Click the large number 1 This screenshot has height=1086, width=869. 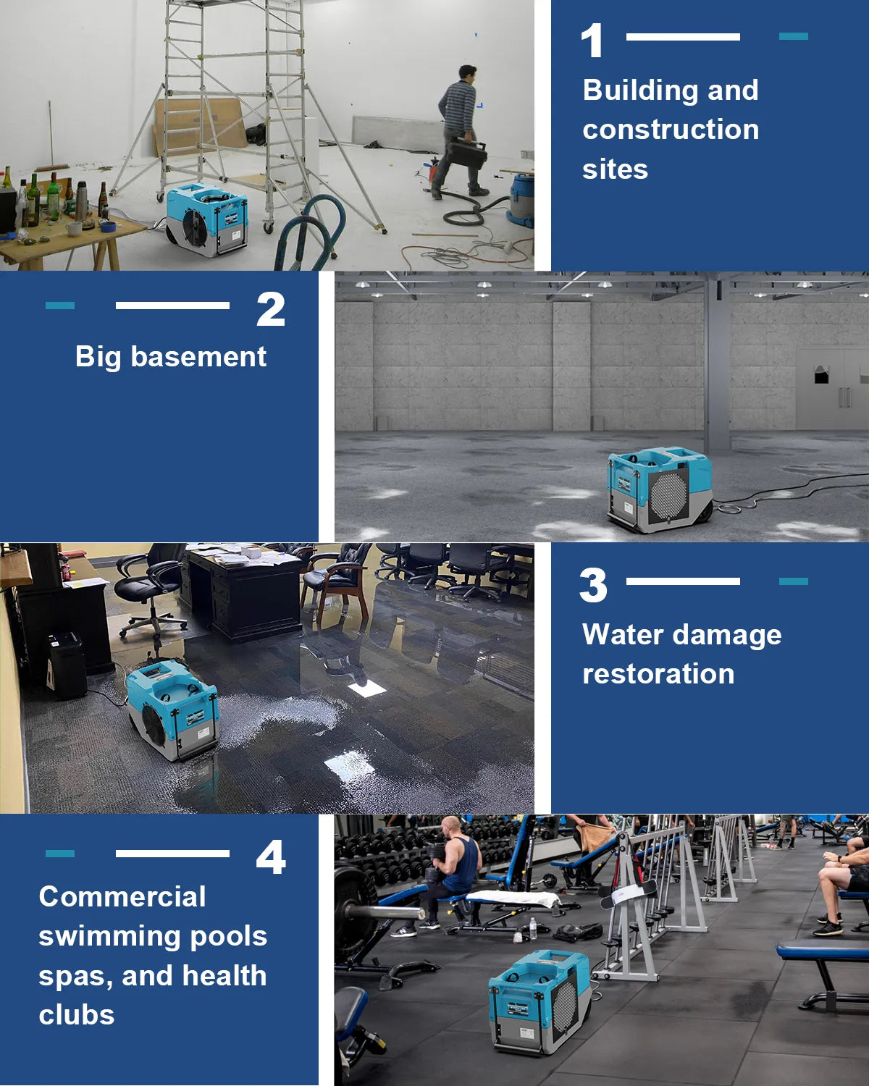point(592,41)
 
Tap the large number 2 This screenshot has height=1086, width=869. point(271,310)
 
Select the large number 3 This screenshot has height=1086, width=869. point(593,586)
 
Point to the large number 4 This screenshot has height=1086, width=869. point(271,858)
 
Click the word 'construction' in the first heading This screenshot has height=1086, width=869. point(671,130)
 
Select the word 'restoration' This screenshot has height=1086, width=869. point(658,674)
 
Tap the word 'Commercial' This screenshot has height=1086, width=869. point(122,897)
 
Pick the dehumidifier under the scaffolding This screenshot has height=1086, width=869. point(207,220)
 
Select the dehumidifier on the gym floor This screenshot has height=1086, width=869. point(540,1001)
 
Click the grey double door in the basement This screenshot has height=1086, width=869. point(833,388)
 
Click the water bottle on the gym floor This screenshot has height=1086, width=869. point(534,928)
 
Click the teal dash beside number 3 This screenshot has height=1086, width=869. point(793,581)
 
